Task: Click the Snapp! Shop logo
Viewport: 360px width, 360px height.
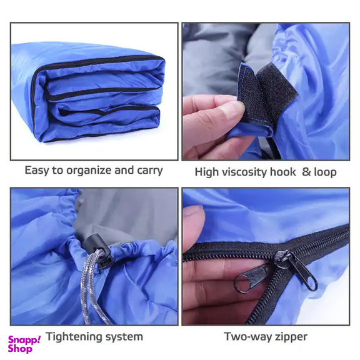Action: pyautogui.click(x=24, y=344)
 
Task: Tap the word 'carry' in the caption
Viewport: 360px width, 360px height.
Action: pyautogui.click(x=150, y=171)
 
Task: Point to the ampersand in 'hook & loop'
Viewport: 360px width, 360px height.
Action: pyautogui.click(x=306, y=172)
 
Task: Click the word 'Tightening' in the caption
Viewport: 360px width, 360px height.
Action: pyautogui.click(x=72, y=337)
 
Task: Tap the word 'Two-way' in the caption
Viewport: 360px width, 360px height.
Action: pyautogui.click(x=244, y=337)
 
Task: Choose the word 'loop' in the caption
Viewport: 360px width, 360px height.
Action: pyautogui.click(x=326, y=172)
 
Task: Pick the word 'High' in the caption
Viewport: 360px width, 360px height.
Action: pyautogui.click(x=206, y=172)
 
